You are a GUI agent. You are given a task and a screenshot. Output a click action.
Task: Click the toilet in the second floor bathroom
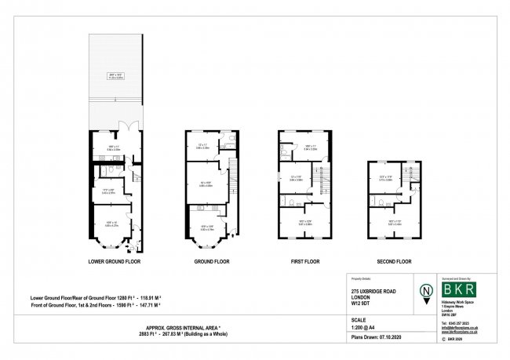[371, 199]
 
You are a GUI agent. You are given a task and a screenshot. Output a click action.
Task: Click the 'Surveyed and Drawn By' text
[459, 278]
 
